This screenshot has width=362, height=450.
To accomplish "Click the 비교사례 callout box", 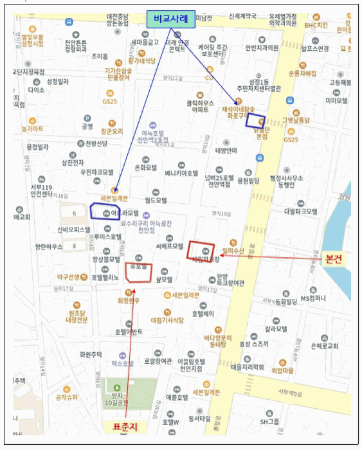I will [x=170, y=19].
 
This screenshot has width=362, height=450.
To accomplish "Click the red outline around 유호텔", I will [x=138, y=272].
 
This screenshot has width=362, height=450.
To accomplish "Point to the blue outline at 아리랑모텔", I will [x=105, y=212].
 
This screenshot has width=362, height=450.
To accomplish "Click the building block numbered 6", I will [x=75, y=213].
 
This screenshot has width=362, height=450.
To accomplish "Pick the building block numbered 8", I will [x=75, y=246].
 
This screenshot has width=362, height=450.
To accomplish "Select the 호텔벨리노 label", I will [x=105, y=278].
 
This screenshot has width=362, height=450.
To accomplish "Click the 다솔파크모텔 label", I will [x=300, y=211].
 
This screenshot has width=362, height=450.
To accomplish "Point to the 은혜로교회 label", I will [x=324, y=345].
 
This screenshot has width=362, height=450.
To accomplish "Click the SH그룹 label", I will [x=269, y=422].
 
